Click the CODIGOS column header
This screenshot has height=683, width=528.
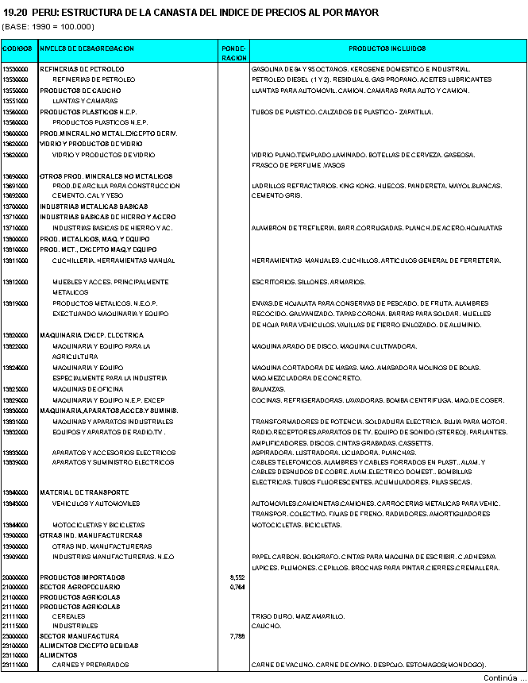[x=18, y=48]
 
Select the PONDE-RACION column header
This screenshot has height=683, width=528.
[x=234, y=52]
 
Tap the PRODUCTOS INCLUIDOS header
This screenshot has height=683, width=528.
[x=387, y=48]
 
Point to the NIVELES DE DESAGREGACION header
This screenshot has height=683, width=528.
[x=87, y=48]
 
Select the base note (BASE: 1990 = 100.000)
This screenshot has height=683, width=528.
[x=48, y=26]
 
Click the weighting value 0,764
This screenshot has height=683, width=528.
[x=236, y=587]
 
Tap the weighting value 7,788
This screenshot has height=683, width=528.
[x=236, y=636]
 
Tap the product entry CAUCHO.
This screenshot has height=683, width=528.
[x=265, y=626]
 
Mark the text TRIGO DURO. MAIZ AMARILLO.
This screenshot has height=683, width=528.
[x=298, y=616]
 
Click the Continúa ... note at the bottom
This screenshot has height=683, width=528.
[x=505, y=677]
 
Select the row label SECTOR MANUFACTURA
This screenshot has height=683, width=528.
[x=79, y=636]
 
